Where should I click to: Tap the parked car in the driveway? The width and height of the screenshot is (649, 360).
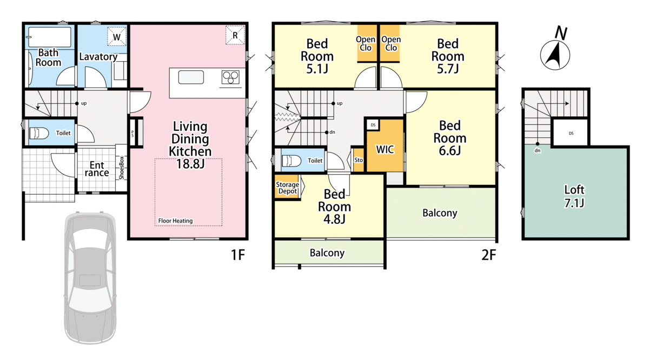point(90,278)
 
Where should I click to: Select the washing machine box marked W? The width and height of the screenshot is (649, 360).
point(117,37)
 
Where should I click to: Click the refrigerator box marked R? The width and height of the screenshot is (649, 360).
point(235,35)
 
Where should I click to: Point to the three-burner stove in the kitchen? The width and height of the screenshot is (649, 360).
point(230,77)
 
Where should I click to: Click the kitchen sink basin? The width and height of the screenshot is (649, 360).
point(191,77)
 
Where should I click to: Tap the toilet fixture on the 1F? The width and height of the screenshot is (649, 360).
point(39,133)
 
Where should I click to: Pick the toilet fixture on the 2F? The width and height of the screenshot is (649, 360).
point(291,161)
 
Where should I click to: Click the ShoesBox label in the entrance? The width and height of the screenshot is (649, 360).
point(121,168)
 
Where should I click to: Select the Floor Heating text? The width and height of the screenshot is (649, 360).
point(175,221)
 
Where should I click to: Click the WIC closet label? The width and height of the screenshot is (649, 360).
point(385,149)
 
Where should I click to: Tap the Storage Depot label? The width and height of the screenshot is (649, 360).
point(287,188)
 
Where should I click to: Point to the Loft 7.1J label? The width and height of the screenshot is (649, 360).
point(574,196)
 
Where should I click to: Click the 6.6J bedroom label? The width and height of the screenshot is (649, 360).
point(449,138)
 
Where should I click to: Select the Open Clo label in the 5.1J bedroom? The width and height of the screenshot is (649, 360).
point(366,43)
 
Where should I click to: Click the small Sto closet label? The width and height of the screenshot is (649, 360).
point(359,160)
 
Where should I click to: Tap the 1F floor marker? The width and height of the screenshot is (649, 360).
point(238,255)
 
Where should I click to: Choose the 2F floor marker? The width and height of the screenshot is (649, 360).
point(489,255)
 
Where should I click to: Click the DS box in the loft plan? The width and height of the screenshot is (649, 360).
point(571,133)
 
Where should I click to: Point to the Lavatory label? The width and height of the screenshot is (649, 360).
point(98,57)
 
